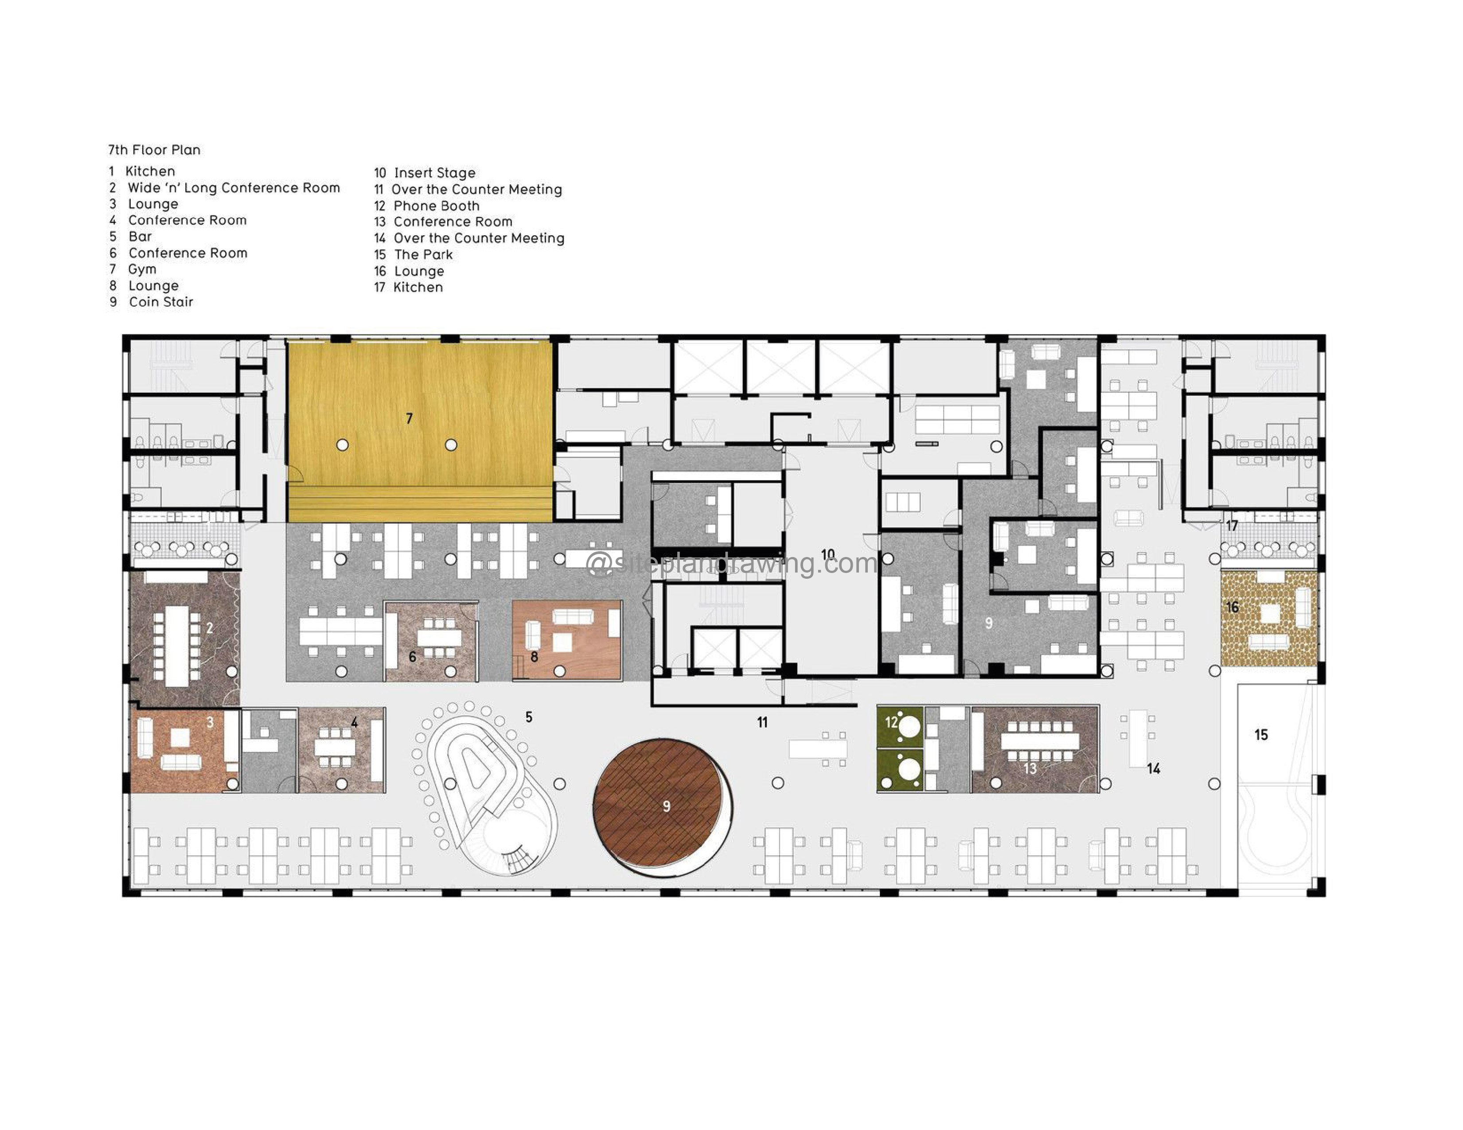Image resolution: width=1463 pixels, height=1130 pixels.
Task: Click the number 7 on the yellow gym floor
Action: (409, 419)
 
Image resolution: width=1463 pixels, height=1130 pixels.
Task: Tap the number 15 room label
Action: (1261, 735)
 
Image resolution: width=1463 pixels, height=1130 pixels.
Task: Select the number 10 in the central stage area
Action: (828, 555)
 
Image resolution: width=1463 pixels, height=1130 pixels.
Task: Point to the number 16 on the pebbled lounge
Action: (1232, 608)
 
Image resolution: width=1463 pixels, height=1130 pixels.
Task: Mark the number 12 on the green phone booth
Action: (891, 722)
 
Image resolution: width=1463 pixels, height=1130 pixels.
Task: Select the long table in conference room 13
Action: (1040, 741)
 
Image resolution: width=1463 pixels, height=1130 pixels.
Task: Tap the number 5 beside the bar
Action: (529, 717)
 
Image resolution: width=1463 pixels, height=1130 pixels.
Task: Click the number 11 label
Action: (762, 722)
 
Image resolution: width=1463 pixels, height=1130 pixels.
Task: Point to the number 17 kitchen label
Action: (1231, 526)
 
